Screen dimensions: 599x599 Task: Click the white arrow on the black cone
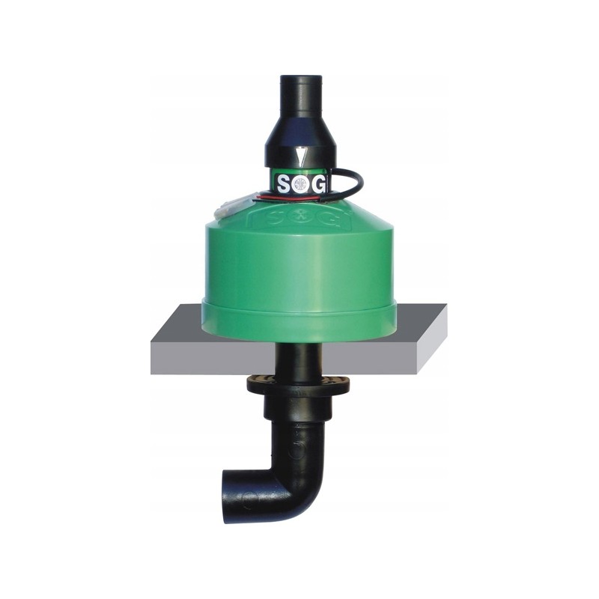point(301,156)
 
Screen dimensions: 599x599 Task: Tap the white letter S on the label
point(285,184)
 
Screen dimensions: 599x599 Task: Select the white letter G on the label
point(317,184)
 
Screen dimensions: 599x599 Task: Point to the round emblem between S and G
point(301,185)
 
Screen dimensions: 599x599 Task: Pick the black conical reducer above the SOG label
point(300,139)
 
